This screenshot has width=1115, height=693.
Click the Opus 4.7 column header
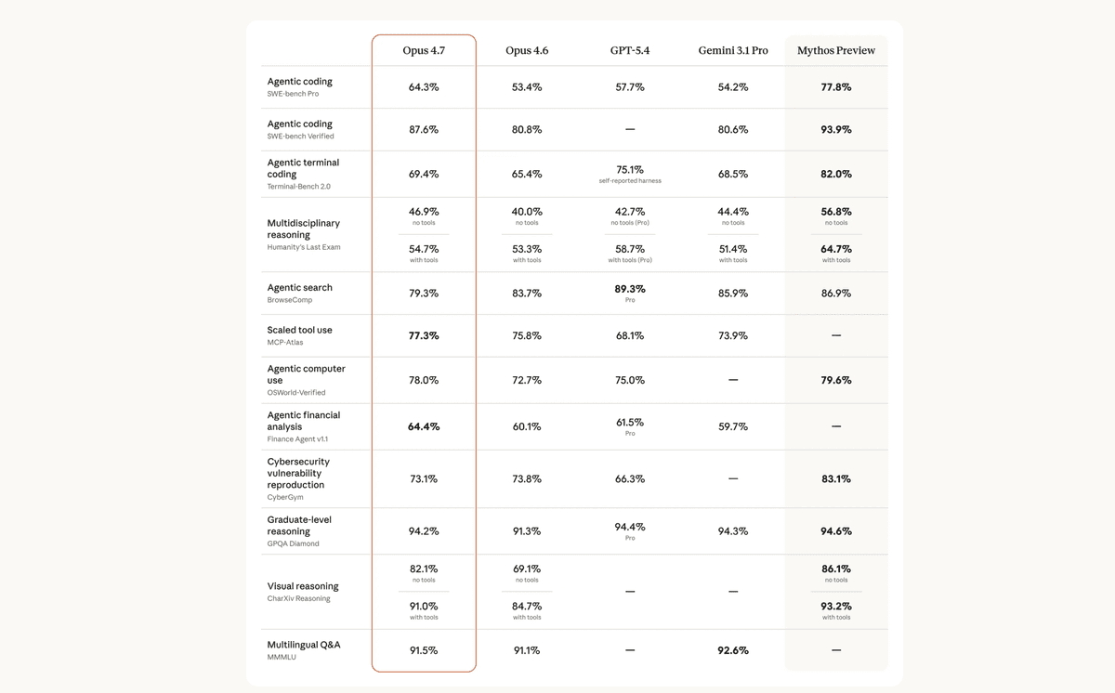[x=424, y=50]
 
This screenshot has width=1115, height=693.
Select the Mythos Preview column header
[x=835, y=50]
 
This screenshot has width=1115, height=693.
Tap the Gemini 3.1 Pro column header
[x=733, y=50]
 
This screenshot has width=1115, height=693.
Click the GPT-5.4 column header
[x=630, y=50]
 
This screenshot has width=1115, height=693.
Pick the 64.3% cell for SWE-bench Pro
[x=424, y=87]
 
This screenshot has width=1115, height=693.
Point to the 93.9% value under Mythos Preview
[x=835, y=130]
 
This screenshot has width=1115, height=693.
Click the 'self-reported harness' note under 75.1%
[x=630, y=181]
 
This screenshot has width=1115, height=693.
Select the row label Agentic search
[x=299, y=288]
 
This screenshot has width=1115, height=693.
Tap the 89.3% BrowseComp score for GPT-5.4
[x=630, y=289]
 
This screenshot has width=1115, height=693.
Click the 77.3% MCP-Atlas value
[x=424, y=336]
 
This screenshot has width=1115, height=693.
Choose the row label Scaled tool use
[x=299, y=330]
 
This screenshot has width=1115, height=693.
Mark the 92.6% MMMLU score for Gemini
[x=733, y=650]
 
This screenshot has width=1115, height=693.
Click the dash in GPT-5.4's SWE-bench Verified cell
[x=630, y=130]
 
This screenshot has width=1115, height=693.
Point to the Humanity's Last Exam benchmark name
[x=303, y=248]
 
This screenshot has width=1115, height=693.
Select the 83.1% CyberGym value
[x=835, y=479]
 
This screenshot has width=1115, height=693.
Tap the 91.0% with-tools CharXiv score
[x=424, y=607]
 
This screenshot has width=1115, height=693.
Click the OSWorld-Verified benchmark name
[x=296, y=393]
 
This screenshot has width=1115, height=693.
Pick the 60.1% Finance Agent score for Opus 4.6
[x=527, y=427]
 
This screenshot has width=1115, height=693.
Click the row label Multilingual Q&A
[x=304, y=645]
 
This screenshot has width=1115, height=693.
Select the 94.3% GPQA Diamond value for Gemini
[x=733, y=531]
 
